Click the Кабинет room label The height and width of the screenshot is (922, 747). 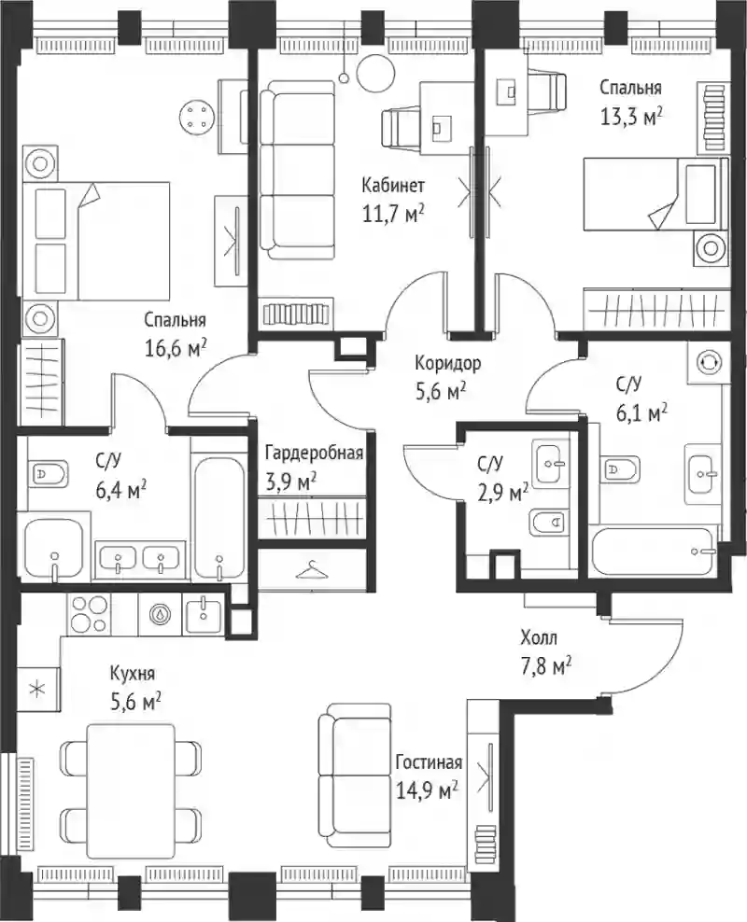pos(392,186)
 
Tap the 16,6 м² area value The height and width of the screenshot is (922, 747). pos(176,348)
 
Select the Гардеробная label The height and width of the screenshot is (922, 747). pos(314,454)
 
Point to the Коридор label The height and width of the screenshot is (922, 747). pos(447,363)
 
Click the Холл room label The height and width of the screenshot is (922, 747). pos(538,637)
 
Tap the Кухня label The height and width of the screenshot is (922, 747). pos(133,674)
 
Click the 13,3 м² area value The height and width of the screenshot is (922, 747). pos(630,117)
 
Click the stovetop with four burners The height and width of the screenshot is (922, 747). pos(90,613)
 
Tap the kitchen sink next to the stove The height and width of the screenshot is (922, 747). pos(204,613)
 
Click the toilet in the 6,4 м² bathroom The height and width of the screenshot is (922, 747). pos(48,472)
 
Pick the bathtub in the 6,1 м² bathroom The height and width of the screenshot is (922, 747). pos(654,552)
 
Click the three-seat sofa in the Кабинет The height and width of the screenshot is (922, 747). pos(298,169)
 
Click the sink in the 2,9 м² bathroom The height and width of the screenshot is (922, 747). pos(551,463)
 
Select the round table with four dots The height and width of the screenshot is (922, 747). pos(195,116)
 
